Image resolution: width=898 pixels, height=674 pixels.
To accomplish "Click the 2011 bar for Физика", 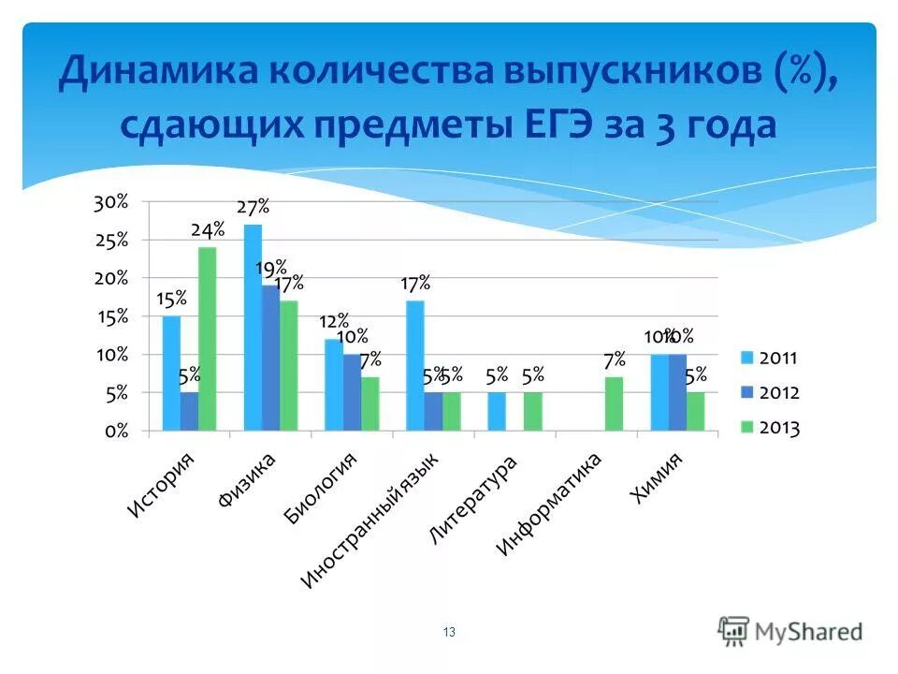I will pos(253,328).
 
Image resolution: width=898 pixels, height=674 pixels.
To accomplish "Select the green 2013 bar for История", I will pos(207,339).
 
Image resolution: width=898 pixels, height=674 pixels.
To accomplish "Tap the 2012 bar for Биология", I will pos(352,392).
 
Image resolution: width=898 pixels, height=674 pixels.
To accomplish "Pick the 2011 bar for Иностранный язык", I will pos(414,365).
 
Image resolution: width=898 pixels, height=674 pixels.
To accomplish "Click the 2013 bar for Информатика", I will pos(614,403).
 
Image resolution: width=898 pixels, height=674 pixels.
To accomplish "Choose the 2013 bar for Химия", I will pos(695,412).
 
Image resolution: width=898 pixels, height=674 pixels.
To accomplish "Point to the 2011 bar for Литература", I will pos(496,412).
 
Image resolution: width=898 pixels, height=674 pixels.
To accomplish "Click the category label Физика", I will pos(247,480).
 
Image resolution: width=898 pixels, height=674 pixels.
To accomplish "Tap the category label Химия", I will pos(658,477).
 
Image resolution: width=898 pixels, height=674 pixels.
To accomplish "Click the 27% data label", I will pos(253,207).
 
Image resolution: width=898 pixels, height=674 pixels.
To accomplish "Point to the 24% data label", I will pos(208,229).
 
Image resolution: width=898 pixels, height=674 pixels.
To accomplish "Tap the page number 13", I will pos(449,633).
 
